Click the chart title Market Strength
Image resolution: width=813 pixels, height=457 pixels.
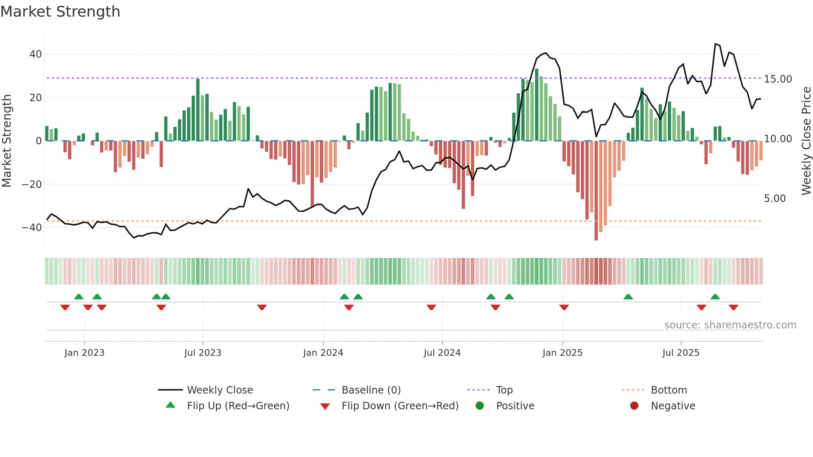60,12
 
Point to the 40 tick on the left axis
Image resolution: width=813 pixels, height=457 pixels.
36,54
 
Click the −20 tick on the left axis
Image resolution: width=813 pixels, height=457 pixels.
32,184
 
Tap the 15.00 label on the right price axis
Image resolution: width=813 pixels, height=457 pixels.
778,79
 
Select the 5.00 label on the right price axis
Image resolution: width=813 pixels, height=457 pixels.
774,199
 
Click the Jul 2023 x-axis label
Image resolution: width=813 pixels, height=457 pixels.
203,353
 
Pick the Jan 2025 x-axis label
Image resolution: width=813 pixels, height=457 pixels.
562,353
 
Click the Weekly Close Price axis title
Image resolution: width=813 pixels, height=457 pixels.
806,141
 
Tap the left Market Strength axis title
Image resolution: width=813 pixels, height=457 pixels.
7,141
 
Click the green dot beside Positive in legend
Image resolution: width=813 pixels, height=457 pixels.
480,406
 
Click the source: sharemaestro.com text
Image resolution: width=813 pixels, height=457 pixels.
730,325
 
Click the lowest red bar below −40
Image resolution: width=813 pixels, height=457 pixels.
596,236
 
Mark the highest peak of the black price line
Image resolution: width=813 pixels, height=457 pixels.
716,44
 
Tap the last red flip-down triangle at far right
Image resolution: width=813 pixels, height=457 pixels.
733,307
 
